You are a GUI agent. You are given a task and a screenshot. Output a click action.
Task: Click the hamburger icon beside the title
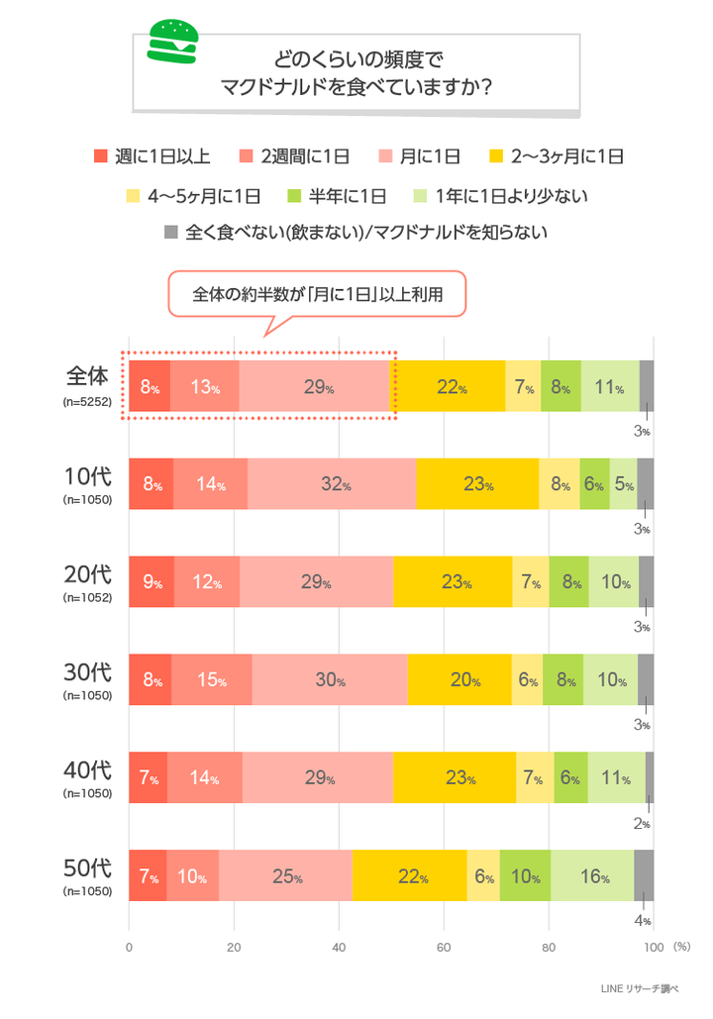pos(172,41)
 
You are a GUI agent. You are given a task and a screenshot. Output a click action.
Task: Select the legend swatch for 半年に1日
pos(292,195)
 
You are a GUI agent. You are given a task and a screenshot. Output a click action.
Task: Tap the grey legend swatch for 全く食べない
pos(169,233)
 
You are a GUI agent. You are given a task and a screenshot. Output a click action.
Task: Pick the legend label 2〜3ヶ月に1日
pos(566,155)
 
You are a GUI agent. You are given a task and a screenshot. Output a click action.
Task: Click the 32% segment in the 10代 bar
pos(332,484)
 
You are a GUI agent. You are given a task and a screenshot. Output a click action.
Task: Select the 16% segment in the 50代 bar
pos(592,876)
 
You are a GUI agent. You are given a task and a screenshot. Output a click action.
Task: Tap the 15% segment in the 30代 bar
pos(211,680)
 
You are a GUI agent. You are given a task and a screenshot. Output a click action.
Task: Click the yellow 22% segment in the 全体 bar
pos(451,386)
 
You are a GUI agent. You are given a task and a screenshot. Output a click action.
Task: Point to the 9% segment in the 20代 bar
pos(152,582)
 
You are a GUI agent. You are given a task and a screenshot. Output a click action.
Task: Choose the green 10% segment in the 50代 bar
pos(525,876)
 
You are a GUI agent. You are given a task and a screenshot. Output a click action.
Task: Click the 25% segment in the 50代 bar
pos(285,876)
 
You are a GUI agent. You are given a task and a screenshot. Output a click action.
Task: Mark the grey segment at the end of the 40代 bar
pos(650,778)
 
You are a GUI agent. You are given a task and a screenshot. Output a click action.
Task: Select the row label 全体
pos(87,377)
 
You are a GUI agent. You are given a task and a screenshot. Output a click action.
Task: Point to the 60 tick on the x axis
pos(444,947)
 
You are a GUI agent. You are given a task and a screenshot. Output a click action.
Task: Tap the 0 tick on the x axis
pos(129,947)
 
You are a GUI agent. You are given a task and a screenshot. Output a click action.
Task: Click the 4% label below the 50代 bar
pos(642,921)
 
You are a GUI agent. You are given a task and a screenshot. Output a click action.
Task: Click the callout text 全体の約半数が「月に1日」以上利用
pos(316,294)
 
